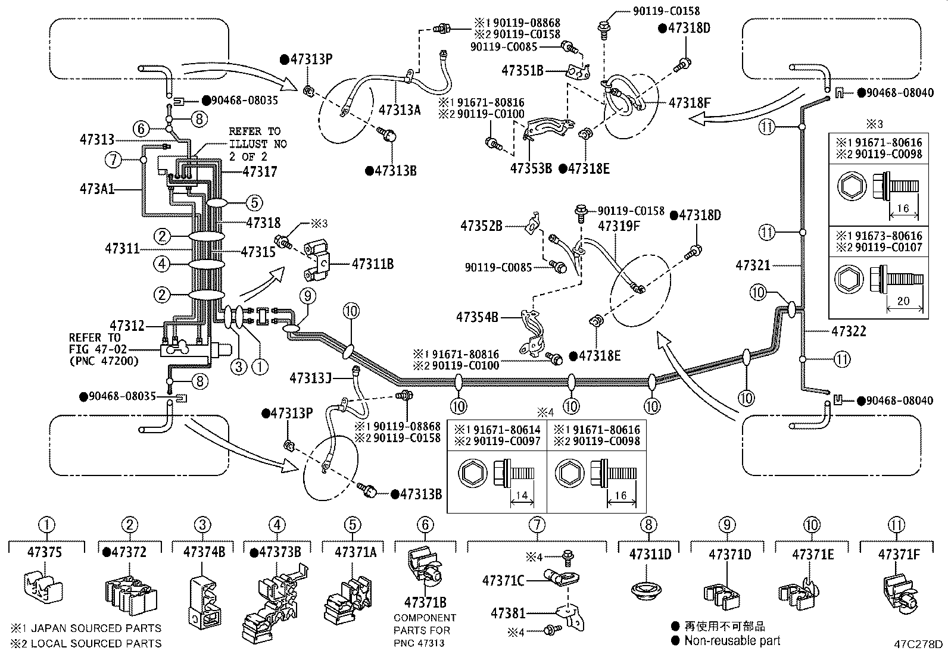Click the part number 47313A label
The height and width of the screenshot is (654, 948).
tap(400, 109)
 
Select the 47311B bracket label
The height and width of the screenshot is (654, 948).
tap(372, 264)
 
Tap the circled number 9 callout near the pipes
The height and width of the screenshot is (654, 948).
tap(308, 295)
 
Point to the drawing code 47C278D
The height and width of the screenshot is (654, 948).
tap(918, 644)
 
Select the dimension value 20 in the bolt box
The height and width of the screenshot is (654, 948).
tap(903, 301)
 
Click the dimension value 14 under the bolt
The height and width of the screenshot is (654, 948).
tap(522, 495)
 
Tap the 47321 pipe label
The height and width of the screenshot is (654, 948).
tap(753, 265)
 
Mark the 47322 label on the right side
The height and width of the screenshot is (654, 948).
tap(849, 331)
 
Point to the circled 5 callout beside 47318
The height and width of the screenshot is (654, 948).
tap(254, 202)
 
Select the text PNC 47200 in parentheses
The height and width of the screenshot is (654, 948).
tap(104, 361)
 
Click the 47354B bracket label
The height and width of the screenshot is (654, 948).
tap(478, 317)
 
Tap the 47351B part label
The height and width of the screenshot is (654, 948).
tap(522, 70)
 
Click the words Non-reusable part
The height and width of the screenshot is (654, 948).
tap(732, 640)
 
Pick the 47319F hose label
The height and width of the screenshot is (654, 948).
tap(619, 226)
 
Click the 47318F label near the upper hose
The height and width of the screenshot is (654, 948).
tap(690, 103)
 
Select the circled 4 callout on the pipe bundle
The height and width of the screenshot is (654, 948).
tap(163, 264)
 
